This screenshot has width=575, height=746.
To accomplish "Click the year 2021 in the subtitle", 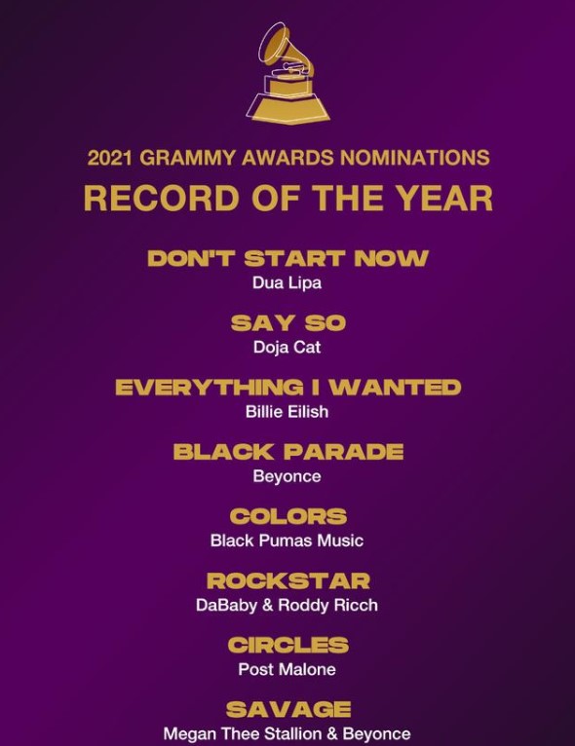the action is pos(109,158).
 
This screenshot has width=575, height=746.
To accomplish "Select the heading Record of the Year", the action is pos(287,198).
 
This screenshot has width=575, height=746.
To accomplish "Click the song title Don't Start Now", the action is pos(287,258).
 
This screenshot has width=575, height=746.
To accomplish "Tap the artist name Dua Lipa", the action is pos(287,283).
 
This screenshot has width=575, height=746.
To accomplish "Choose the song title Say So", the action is pos(287,323).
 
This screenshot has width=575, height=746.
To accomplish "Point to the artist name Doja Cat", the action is pos(287,348).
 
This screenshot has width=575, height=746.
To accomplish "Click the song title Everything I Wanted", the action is pos(287,388).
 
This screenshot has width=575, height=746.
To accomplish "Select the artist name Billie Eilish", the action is pos(287,412).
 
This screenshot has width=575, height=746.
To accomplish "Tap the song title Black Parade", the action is pos(287,452).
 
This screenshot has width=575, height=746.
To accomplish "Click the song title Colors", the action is pos(287,517).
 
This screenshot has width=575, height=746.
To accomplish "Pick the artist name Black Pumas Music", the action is pos(287,541).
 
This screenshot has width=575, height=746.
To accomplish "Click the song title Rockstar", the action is pos(287,580).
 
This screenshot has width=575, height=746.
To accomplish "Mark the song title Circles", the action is pos(287,645).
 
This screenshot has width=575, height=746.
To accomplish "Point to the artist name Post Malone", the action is pos(287,669).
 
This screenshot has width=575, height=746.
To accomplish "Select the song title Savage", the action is pos(287,710).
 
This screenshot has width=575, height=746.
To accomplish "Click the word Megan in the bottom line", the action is pos(186,734).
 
